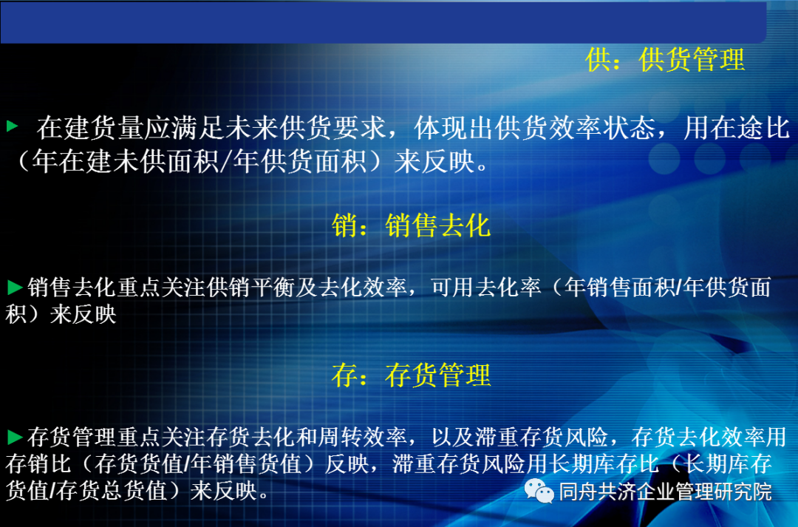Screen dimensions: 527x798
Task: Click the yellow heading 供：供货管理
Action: point(665,59)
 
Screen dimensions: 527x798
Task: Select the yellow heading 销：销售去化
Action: point(411,225)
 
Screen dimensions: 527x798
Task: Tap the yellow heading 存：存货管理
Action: point(411,375)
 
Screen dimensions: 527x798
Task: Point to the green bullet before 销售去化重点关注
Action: point(14,287)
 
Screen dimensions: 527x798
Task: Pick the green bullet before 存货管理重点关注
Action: point(14,436)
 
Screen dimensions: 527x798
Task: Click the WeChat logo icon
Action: point(539,490)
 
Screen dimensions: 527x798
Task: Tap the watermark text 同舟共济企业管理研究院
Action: point(665,491)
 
